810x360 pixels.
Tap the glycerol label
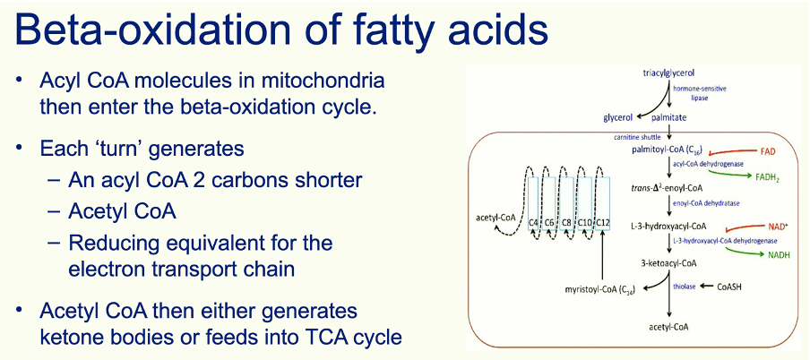[618, 118]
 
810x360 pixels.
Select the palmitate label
[668, 118]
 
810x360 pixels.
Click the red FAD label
[768, 152]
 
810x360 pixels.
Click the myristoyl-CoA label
[600, 287]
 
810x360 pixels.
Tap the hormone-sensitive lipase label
[696, 92]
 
